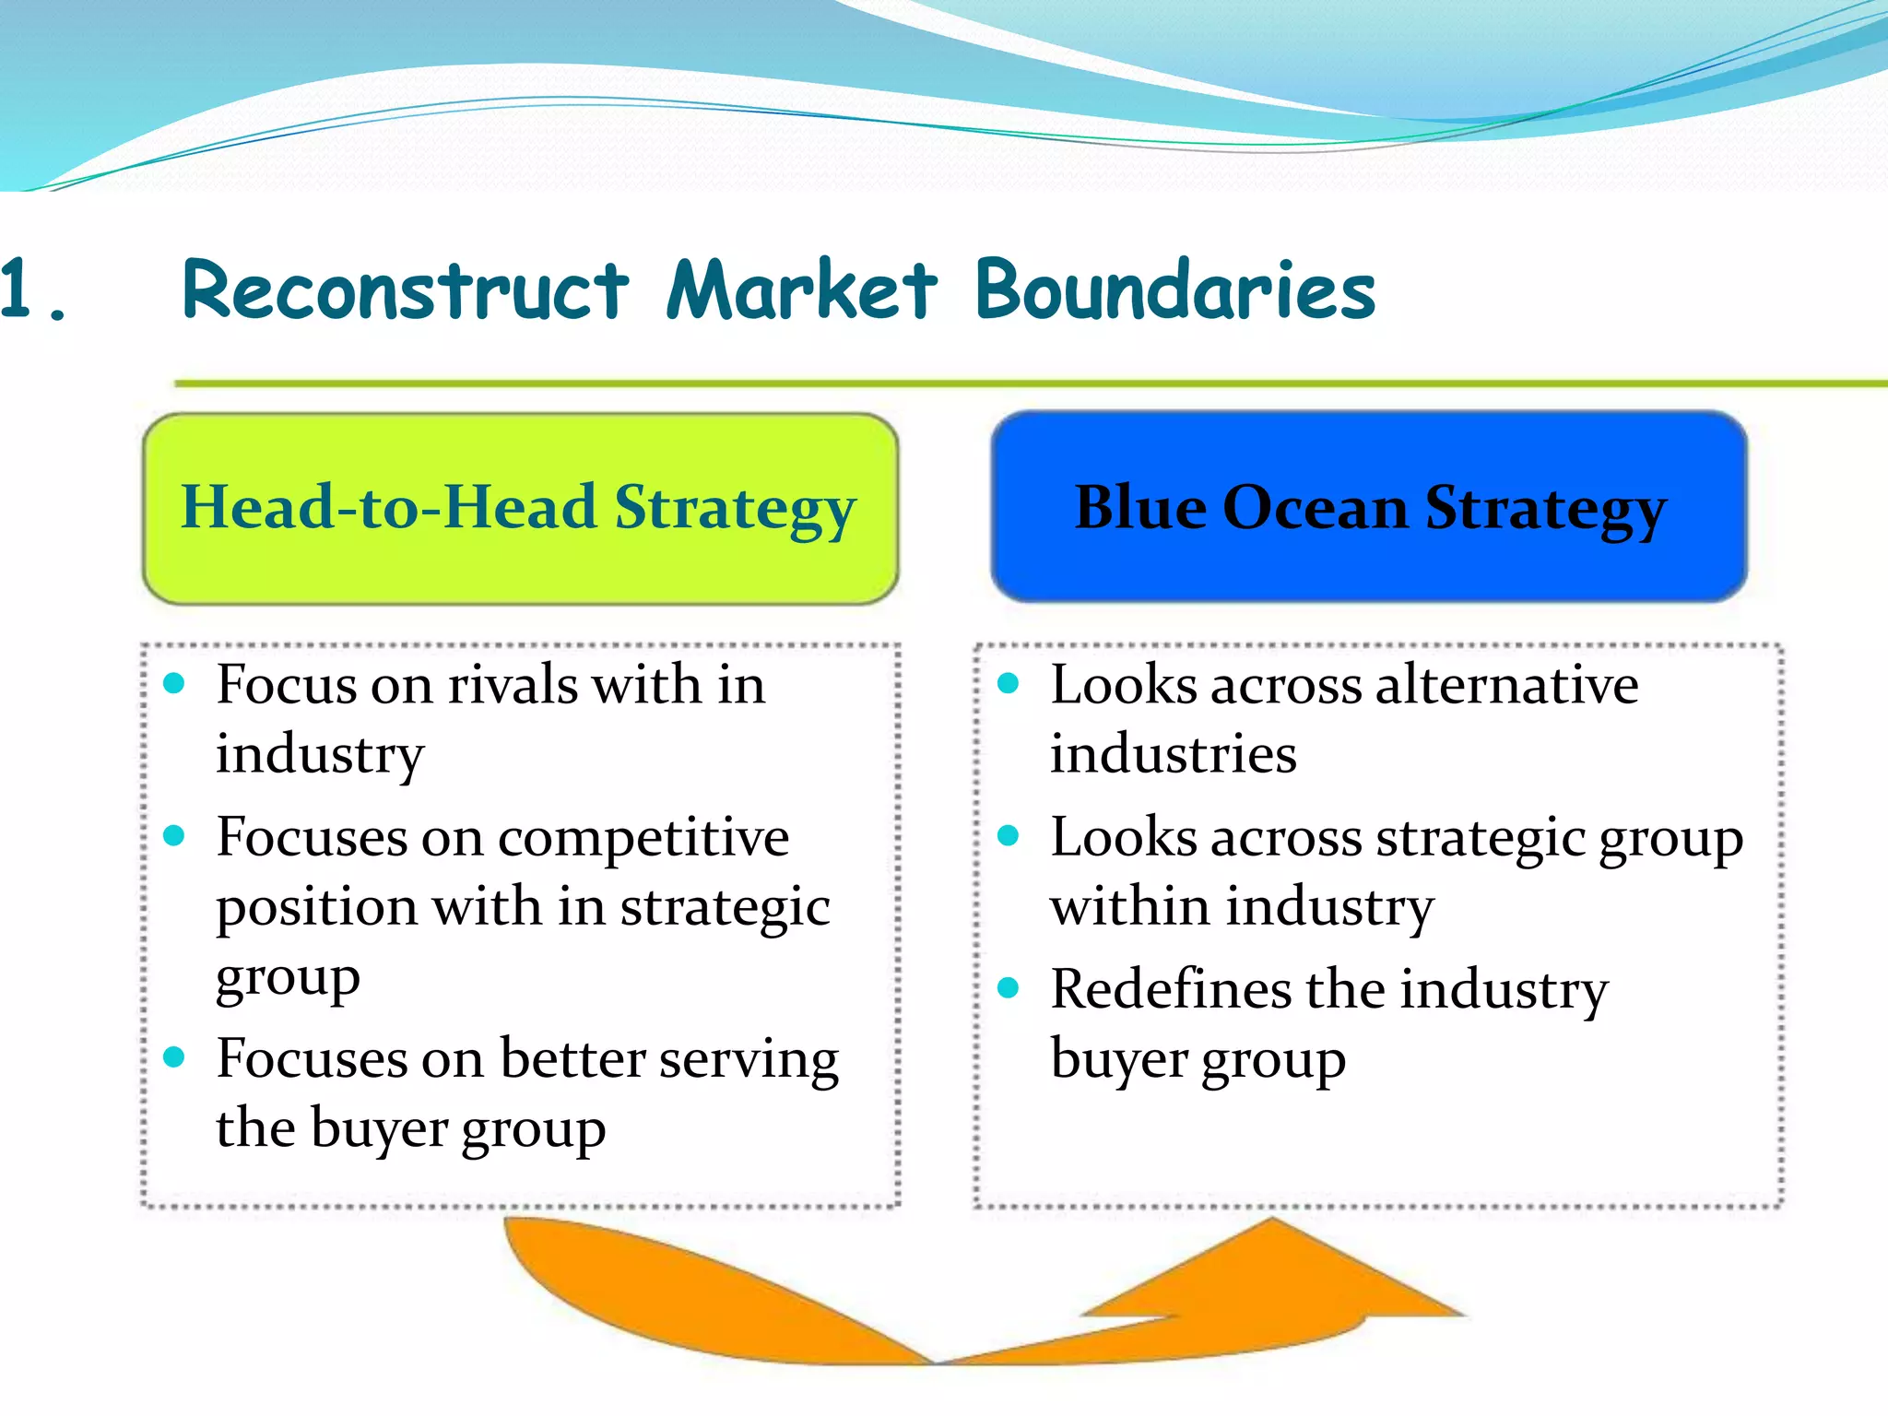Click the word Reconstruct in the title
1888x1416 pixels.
(x=406, y=290)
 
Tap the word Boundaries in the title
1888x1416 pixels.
(x=1175, y=290)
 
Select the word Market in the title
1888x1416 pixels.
(x=802, y=290)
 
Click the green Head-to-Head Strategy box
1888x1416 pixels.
(x=520, y=509)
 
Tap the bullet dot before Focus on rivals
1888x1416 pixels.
(x=174, y=684)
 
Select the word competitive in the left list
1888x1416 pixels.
(x=643, y=838)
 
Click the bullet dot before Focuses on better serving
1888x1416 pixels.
(x=174, y=1056)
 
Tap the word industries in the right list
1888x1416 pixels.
(x=1174, y=754)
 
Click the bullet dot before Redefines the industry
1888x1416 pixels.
(x=1009, y=988)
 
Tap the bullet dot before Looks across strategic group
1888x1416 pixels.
(x=1009, y=836)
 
